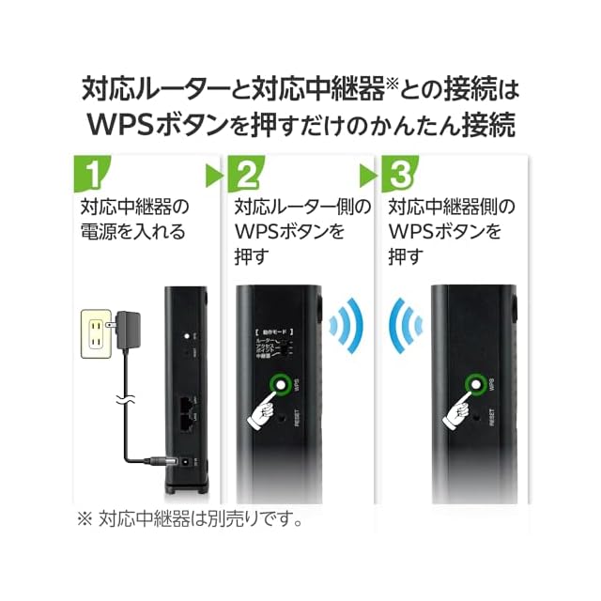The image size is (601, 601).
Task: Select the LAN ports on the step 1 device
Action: [x=187, y=409]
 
